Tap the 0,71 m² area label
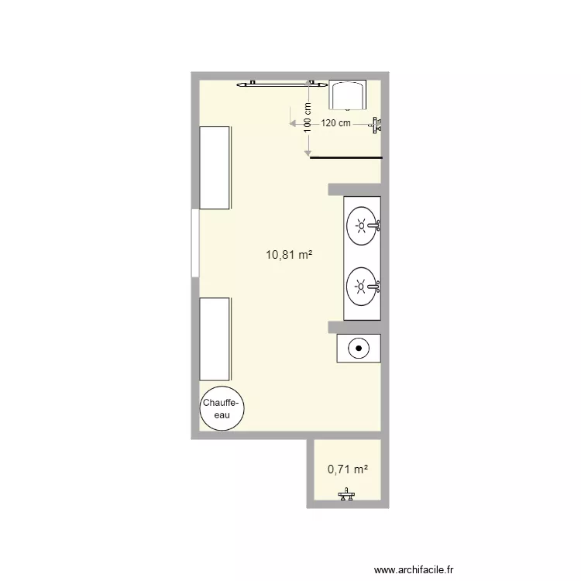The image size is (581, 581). pos(347,469)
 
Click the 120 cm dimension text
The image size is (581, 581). pos(336,123)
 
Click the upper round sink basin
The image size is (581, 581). pos(360,226)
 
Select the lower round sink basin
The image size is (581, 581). pos(360,286)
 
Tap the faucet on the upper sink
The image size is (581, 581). pos(376,226)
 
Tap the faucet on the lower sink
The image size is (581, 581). pos(376,287)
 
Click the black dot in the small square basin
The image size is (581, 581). pos(359,348)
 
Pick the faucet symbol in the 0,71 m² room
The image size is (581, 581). pos(346,496)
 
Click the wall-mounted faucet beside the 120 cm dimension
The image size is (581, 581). pos(376,124)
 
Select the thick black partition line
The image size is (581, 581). pos(346,158)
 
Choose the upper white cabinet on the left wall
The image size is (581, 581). pos(215,167)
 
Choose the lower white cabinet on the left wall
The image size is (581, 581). pos(215,337)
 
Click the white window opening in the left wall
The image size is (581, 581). pos(194,242)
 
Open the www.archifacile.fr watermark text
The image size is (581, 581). pos(415,569)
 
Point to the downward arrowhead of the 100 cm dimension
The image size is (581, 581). pos(308,153)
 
